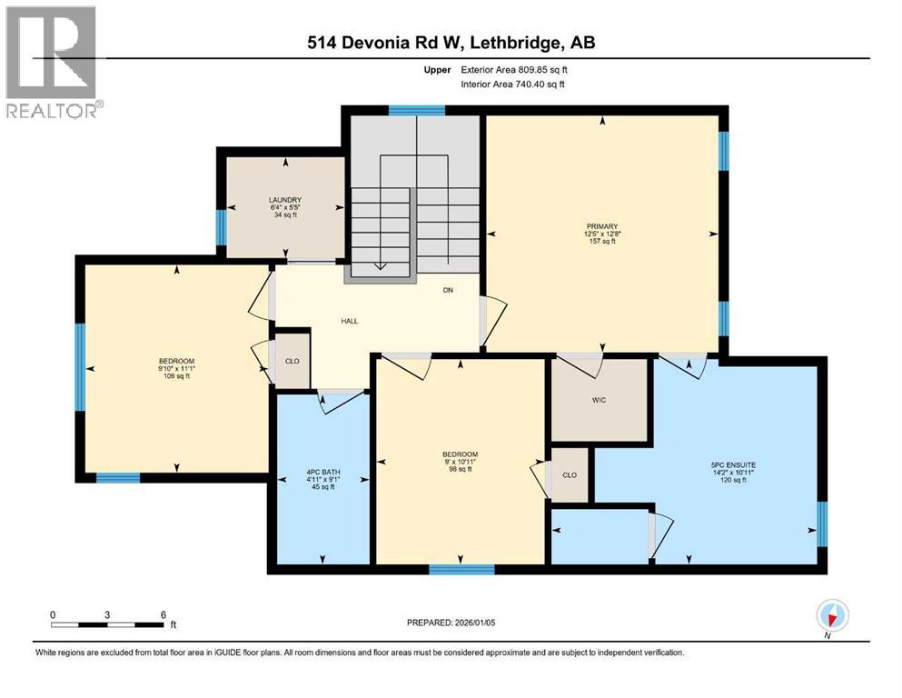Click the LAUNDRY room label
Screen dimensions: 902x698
(x=285, y=200)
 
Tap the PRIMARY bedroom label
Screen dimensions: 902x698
(x=601, y=226)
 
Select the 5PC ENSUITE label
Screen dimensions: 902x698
(x=733, y=465)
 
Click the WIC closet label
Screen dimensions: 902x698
(x=599, y=400)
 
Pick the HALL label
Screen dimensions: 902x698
(x=349, y=321)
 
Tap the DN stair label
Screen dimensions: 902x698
(x=448, y=290)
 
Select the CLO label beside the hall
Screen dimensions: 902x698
(x=292, y=362)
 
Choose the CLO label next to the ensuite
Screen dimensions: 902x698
(x=570, y=475)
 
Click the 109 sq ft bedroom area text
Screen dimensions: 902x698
(x=176, y=376)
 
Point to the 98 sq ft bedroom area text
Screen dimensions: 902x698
(x=461, y=469)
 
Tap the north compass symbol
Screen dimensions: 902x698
(x=832, y=615)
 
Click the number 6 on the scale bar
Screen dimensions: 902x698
(x=164, y=614)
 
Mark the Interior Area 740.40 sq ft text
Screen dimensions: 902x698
(x=512, y=84)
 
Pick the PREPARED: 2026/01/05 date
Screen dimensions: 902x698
(x=451, y=623)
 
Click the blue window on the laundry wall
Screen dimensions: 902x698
(x=221, y=227)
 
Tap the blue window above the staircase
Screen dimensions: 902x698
(x=417, y=111)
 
